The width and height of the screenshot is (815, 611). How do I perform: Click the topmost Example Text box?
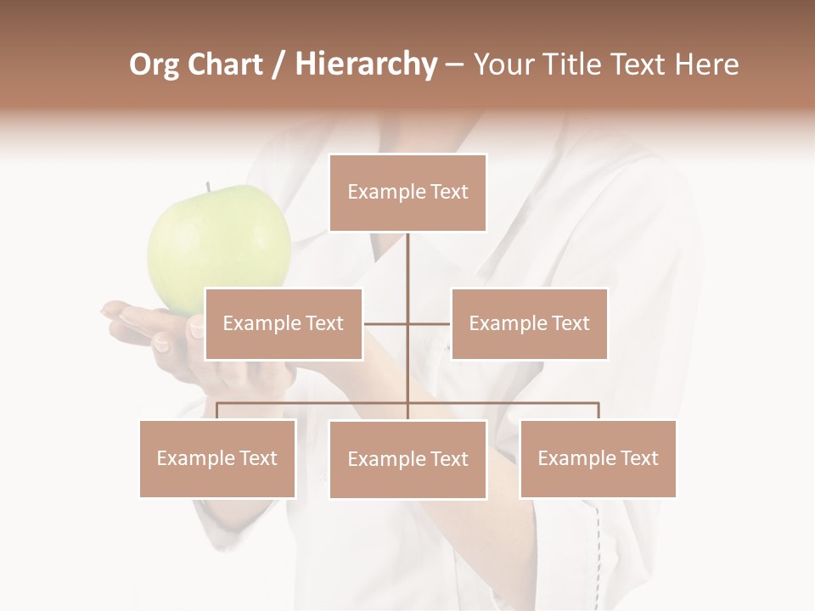(407, 193)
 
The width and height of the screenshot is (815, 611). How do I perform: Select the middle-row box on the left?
(284, 323)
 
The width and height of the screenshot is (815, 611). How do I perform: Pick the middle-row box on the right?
(529, 323)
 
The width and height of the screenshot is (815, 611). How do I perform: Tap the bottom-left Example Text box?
(217, 458)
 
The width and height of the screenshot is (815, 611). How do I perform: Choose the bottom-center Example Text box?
(407, 459)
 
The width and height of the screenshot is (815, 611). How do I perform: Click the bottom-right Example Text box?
(598, 458)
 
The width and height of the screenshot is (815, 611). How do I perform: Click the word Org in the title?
(154, 64)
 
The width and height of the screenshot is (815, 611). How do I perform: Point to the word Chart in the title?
(224, 64)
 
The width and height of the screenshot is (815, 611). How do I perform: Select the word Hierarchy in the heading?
(366, 64)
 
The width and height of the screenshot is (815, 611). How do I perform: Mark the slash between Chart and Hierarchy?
(278, 65)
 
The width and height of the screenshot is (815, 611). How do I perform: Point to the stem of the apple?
(207, 188)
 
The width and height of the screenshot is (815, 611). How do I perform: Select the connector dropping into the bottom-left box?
(217, 411)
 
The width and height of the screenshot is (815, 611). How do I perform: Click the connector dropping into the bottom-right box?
(598, 411)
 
